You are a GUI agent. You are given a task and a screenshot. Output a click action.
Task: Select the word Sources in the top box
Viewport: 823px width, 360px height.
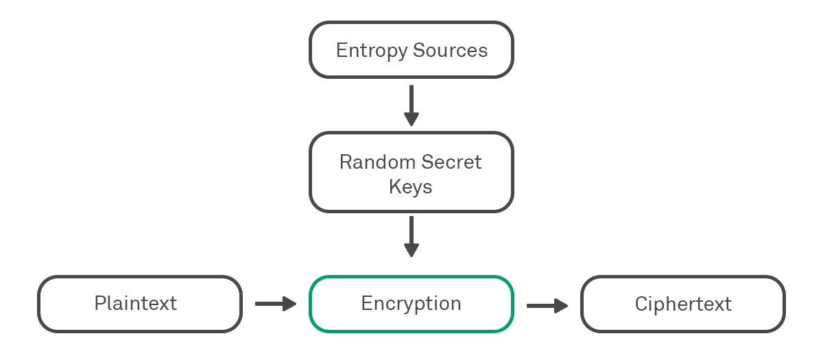[451, 51]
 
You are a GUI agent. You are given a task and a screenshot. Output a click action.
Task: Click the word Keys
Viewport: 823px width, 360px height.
[411, 187]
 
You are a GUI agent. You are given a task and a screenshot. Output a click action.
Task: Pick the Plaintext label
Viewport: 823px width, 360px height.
[136, 304]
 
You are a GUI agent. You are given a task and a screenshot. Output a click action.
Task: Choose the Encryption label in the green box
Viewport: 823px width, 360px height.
[411, 304]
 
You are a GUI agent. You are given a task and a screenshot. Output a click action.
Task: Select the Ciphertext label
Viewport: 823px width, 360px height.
[683, 304]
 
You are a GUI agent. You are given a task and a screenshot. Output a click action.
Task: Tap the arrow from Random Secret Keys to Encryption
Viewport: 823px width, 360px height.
[411, 236]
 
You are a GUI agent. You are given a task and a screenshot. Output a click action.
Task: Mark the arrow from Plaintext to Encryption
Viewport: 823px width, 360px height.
[275, 304]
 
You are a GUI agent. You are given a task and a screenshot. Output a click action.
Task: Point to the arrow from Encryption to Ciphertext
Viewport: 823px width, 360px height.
[547, 304]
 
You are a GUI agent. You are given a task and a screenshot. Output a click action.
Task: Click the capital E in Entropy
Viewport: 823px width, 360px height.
[341, 51]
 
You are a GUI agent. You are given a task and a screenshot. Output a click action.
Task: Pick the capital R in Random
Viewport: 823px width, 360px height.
[345, 163]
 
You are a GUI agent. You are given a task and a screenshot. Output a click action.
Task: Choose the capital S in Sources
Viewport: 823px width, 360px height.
[419, 51]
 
